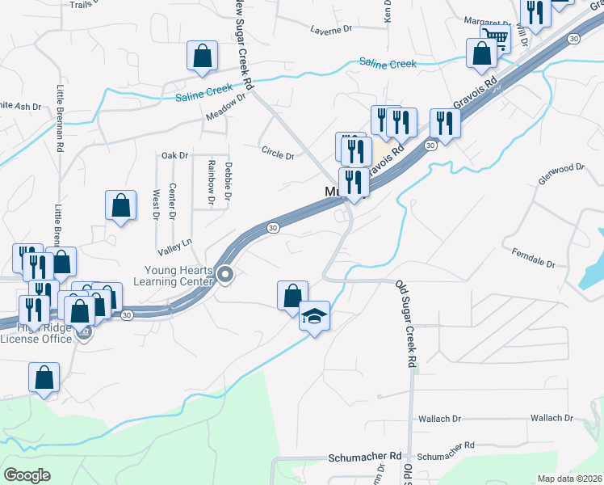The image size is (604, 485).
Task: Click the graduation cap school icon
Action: coord(315,316)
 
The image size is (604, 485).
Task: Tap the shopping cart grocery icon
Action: coord(495,37)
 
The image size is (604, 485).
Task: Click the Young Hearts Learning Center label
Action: coord(179,276)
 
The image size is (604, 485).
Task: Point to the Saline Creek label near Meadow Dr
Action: coord(204,97)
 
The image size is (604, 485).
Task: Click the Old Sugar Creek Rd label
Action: coord(405,323)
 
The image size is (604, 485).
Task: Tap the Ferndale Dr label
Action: coord(534,259)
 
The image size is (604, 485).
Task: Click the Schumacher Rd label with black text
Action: coord(365,456)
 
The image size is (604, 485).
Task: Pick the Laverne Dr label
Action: coord(332,29)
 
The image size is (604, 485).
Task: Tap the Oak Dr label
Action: coord(174,155)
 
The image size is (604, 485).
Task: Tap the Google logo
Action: coord(26,475)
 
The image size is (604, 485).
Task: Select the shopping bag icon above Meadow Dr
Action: coord(202,57)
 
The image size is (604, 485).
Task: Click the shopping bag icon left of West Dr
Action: coord(120,205)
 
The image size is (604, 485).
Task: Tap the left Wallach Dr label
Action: coord(439,419)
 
